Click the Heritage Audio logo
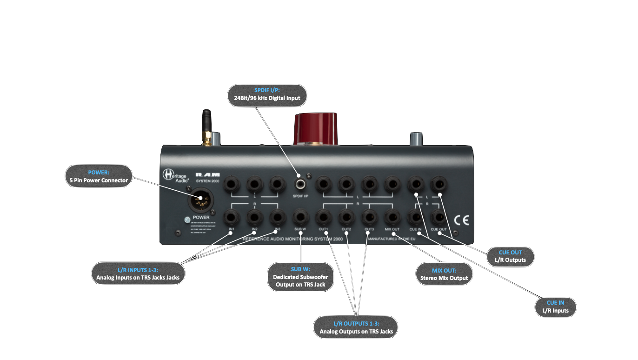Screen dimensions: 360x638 175,176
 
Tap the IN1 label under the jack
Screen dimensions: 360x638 231,229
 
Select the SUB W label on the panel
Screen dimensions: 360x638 300,229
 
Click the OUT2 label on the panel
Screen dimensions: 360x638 346,229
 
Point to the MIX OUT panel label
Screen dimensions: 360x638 392,229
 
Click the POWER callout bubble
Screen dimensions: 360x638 99,176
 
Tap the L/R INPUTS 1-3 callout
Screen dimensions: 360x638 138,273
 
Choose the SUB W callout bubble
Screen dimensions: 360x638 300,277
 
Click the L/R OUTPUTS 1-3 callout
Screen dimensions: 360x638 356,327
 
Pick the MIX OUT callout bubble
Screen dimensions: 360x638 443,274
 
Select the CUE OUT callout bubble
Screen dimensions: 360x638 510,256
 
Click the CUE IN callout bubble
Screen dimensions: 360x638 555,307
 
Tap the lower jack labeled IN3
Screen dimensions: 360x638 277,216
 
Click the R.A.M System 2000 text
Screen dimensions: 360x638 207,177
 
